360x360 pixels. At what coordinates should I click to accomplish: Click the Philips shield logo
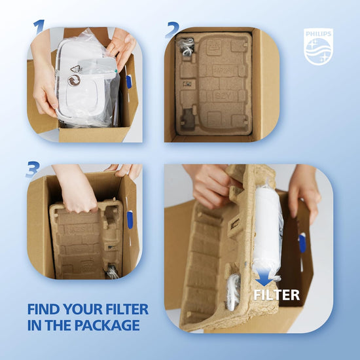[318, 46]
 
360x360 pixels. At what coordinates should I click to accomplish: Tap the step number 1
[39, 27]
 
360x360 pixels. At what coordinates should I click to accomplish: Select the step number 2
[173, 30]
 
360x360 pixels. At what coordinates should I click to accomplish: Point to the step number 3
[32, 170]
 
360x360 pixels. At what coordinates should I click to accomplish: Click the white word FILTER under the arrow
[277, 295]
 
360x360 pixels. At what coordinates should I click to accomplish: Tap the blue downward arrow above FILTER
[264, 278]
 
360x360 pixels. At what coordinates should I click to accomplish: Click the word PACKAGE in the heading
[107, 325]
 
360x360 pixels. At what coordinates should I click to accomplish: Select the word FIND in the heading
[43, 309]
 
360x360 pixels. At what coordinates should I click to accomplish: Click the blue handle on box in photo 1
[129, 82]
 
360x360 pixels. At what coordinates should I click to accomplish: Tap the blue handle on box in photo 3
[130, 220]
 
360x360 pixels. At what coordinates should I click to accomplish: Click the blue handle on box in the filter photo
[302, 243]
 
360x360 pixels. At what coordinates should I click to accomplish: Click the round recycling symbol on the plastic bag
[74, 81]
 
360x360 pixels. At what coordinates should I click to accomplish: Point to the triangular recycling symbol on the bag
[76, 69]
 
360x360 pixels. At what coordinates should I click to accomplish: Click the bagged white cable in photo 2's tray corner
[186, 46]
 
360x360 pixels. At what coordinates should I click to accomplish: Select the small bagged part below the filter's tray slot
[233, 292]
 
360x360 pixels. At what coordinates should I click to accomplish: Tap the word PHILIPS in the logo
[318, 34]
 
